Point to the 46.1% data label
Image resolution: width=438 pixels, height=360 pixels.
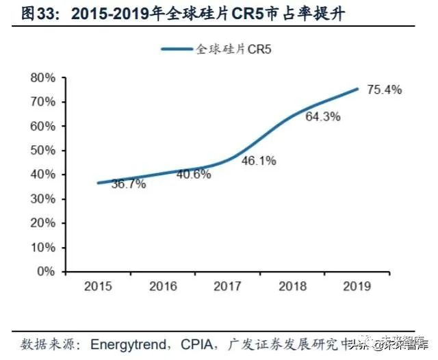coord(259,161)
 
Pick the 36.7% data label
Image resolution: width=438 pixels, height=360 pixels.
coord(129,185)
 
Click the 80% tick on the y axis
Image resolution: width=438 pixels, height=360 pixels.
coord(42,78)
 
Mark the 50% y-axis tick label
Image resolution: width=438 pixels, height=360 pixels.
coord(42,151)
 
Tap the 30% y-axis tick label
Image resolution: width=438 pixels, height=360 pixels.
coord(42,198)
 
